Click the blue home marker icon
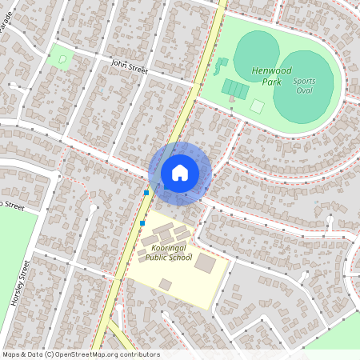(180, 173)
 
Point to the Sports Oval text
(304, 85)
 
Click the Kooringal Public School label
(166, 253)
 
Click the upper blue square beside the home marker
(146, 192)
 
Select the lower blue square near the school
(142, 222)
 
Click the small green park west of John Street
(60, 56)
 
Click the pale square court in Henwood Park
(257, 106)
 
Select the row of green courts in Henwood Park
(234, 87)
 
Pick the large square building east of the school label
(206, 262)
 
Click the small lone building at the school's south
(165, 284)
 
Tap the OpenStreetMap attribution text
(80, 354)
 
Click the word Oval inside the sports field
(304, 90)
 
